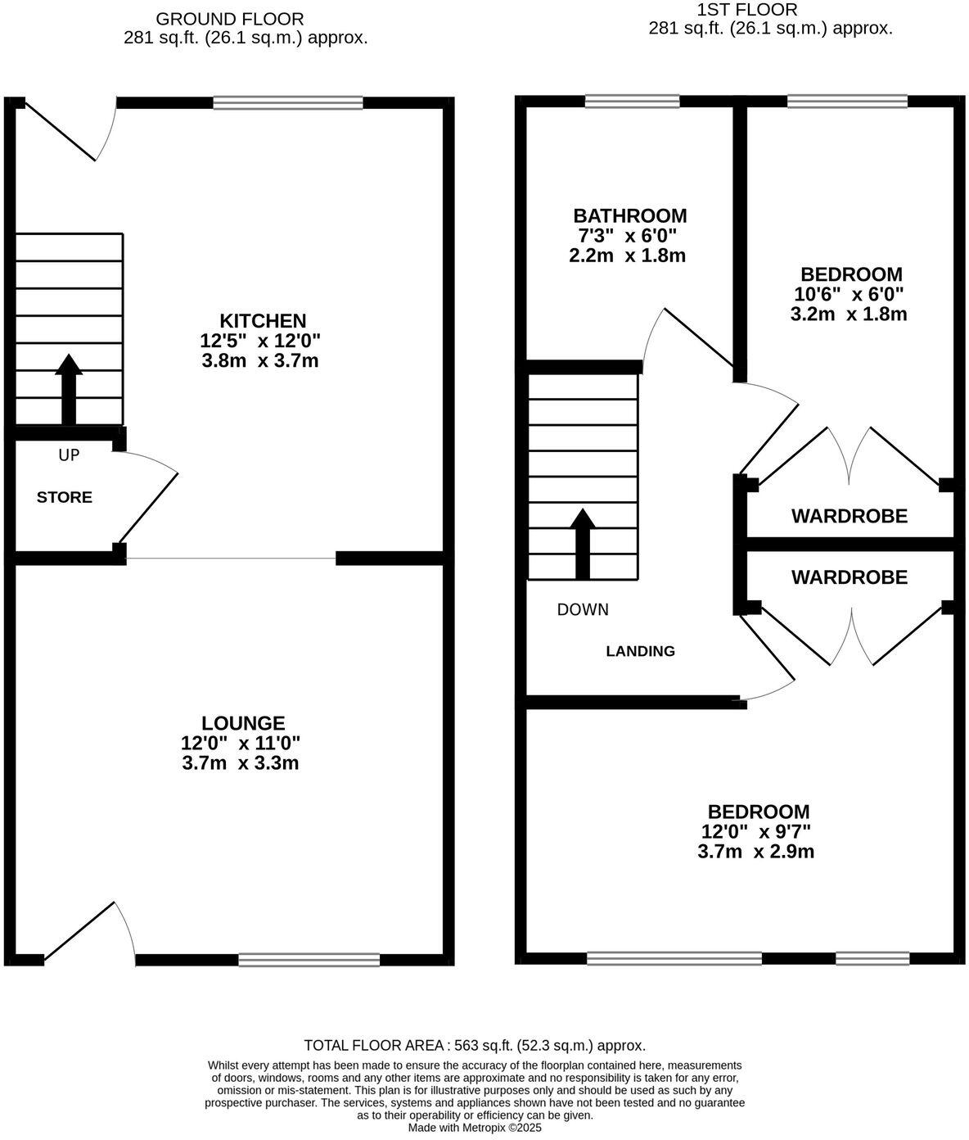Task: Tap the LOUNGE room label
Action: (243, 723)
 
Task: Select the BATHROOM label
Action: (629, 216)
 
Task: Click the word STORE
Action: (65, 497)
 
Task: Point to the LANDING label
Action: (640, 651)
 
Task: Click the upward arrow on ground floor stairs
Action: (69, 388)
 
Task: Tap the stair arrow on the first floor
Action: (583, 542)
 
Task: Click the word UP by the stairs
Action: (69, 455)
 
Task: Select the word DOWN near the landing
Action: (583, 609)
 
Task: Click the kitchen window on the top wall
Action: (287, 102)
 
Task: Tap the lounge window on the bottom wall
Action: (309, 959)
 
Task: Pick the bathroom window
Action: (632, 101)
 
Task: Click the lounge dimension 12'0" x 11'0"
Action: (241, 744)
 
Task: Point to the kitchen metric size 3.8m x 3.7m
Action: (260, 360)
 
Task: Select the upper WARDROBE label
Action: (849, 516)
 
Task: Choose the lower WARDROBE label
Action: (849, 577)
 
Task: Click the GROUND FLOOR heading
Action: (218, 18)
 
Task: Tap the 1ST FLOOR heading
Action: (746, 10)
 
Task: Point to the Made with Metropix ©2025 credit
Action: (475, 1127)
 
